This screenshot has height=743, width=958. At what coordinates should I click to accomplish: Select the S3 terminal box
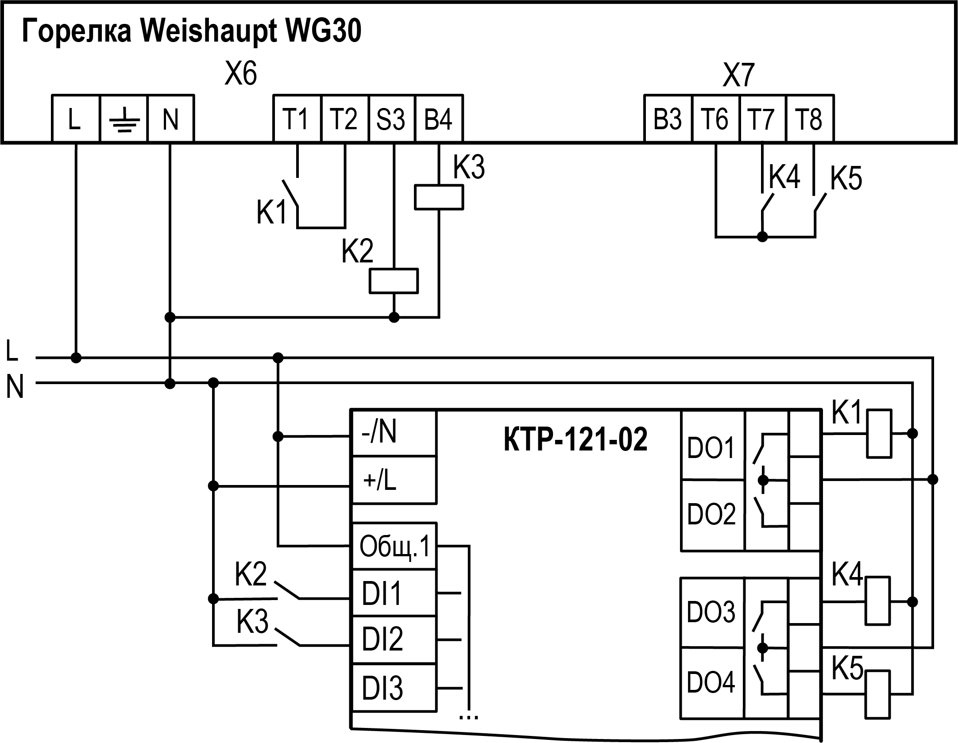click(391, 119)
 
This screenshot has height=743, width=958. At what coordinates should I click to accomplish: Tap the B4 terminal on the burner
click(439, 119)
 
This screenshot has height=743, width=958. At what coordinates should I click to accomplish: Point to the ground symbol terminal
click(124, 119)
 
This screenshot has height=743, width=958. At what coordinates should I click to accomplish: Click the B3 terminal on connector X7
click(668, 119)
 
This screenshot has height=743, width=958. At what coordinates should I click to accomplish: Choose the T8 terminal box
click(810, 119)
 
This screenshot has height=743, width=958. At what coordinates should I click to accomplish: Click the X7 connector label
click(738, 75)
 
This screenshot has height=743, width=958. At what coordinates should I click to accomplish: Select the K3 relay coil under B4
click(439, 197)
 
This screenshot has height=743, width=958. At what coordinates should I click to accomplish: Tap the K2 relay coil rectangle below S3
click(394, 281)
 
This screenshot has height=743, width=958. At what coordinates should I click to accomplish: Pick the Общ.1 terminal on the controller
click(394, 547)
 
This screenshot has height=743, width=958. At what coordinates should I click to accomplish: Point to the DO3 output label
click(711, 612)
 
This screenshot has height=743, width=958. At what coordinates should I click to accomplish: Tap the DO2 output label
click(711, 514)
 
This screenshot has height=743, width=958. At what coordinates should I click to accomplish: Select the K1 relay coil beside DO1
click(879, 434)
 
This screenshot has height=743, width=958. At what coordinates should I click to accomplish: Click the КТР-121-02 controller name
click(576, 440)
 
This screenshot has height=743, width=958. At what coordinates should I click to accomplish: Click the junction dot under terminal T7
click(762, 237)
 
